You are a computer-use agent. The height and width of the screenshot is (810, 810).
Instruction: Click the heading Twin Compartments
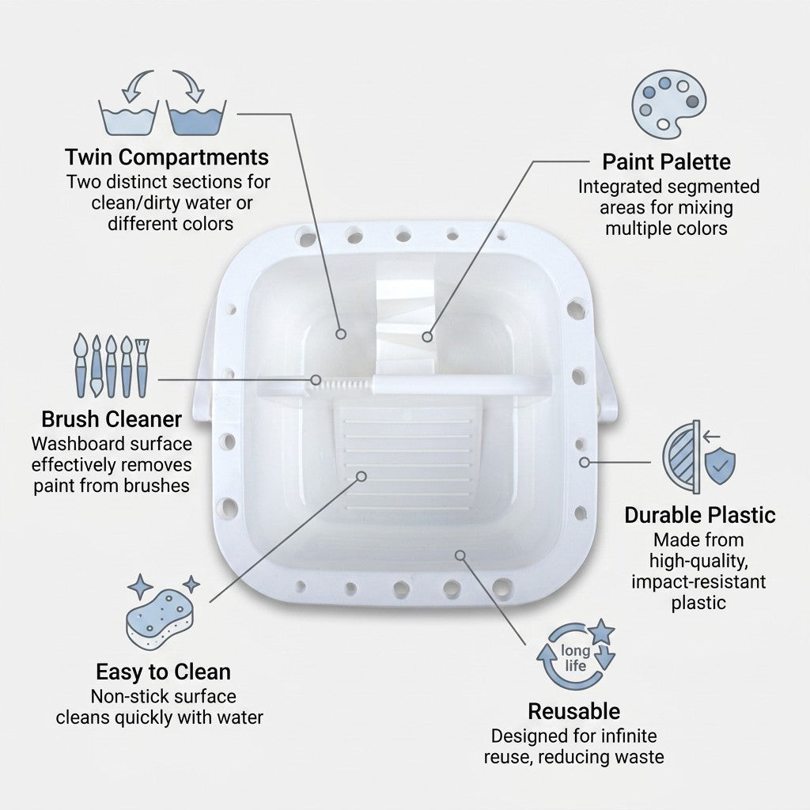point(167,157)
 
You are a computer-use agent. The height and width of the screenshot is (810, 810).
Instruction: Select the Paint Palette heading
point(666,161)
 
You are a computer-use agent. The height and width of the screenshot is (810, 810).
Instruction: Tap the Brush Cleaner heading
point(112,419)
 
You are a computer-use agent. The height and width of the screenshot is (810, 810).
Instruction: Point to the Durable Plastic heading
point(700,515)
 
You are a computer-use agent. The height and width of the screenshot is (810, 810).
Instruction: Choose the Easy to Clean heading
point(163,672)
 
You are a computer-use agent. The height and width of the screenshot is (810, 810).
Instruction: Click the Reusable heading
point(574,711)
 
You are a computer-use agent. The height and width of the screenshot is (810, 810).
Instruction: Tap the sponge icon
point(160,619)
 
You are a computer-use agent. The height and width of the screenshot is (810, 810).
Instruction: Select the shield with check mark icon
point(720,465)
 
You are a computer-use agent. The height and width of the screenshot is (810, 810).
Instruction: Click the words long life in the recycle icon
point(576,658)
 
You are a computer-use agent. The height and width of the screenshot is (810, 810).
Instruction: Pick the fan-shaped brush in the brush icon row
point(142,368)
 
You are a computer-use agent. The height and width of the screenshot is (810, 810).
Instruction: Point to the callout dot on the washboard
point(361,476)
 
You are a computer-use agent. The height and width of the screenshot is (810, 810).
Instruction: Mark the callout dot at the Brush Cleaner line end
point(316,380)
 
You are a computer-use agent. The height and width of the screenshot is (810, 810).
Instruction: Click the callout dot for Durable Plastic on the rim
point(585,462)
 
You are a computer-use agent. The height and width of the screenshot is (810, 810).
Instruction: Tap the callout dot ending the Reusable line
point(460,555)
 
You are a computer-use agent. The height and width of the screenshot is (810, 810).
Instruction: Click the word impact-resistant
point(698,581)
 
